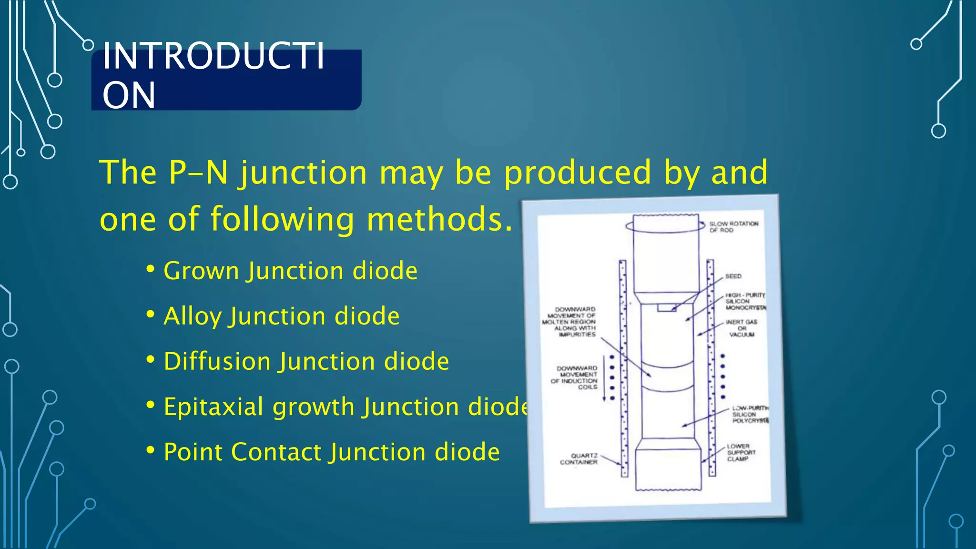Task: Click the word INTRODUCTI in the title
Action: pos(213,56)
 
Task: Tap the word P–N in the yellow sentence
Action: pos(198,173)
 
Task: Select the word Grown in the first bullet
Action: pos(201,271)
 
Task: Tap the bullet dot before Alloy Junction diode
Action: pos(151,315)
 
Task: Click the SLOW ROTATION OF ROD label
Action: pos(733,227)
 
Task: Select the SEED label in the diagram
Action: pos(733,276)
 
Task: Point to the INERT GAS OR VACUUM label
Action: pos(742,328)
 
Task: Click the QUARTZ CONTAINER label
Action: pos(579,459)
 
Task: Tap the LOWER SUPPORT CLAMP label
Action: pos(741,452)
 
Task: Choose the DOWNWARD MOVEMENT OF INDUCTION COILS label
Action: pos(575,377)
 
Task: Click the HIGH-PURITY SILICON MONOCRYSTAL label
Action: pos(744,302)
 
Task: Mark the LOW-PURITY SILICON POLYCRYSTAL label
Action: pos(749,415)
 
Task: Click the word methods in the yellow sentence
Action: pos(439,219)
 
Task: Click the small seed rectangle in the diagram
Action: pos(666,308)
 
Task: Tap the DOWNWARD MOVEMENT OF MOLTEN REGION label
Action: pos(570,322)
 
